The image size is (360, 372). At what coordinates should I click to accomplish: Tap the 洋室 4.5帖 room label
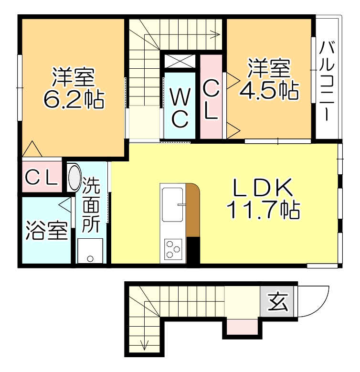(269, 79)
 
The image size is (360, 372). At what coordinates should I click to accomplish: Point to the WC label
(180, 108)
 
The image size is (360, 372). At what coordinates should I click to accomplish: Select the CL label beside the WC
(211, 101)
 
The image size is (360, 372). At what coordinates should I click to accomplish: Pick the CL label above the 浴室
(42, 178)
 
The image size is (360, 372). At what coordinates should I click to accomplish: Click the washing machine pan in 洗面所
(90, 250)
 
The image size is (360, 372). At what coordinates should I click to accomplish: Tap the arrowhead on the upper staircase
(216, 34)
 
